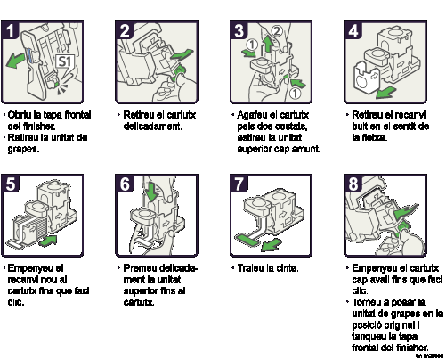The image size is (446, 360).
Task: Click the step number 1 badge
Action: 12,31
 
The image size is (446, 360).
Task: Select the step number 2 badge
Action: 126,31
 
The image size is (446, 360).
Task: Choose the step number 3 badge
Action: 239,31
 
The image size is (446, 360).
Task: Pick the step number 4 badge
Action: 354,31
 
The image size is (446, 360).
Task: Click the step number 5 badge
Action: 12,184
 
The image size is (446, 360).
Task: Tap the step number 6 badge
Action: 126,184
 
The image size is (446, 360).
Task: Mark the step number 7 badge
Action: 239,184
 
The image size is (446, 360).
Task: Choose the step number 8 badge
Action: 354,184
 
